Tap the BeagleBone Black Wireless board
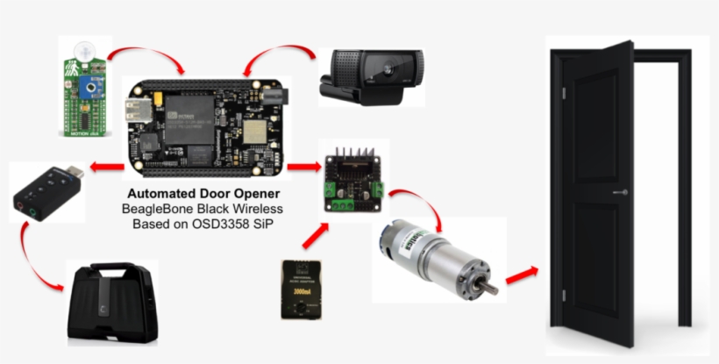[206, 123]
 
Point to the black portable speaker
[112, 303]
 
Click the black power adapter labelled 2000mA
[302, 289]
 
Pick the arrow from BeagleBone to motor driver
[303, 166]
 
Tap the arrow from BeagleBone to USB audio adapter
[107, 167]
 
